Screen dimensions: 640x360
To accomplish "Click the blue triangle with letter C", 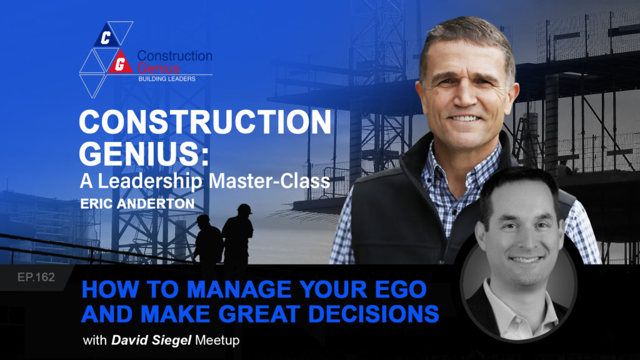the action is (106, 36).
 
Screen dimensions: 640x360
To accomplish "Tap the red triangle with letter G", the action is (120, 62).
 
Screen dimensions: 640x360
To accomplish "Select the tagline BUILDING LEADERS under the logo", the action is (167, 79).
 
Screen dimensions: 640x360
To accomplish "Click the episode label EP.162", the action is (36, 277).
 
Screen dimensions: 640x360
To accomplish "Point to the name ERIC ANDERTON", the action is (137, 204).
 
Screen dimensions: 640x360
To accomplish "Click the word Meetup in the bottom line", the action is (217, 340).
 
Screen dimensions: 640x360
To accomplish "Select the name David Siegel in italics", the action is (151, 340).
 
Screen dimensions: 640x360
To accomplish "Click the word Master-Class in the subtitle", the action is (269, 181).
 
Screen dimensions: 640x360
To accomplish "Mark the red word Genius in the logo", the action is (158, 67).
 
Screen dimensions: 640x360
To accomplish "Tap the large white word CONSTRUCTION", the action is (205, 122).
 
